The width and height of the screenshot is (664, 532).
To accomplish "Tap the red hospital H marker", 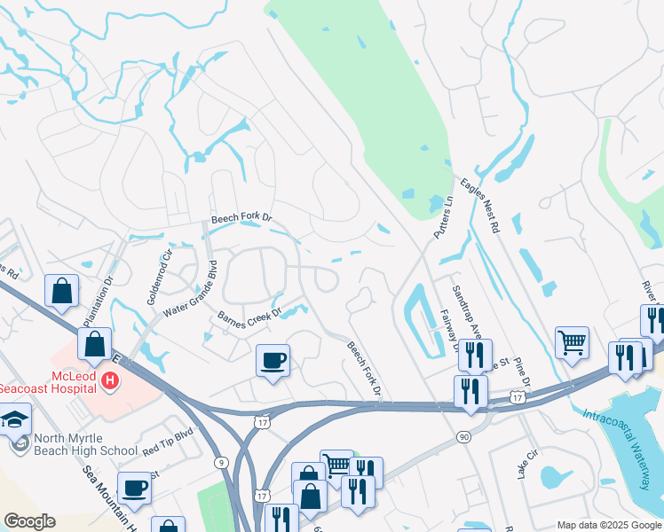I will pos(109,381).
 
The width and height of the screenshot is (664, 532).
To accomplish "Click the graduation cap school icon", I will pos(15,419).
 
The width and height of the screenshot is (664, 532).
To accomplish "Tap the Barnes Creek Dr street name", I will pos(249,314).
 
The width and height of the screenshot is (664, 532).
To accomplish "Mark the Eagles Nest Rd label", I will pos(480,206).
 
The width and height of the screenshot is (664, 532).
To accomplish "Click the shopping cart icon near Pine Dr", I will pos(573,341).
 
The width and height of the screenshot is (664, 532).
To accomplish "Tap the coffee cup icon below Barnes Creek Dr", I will pos(273,360).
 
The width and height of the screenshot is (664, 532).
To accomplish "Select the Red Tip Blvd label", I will pos(168,442).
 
